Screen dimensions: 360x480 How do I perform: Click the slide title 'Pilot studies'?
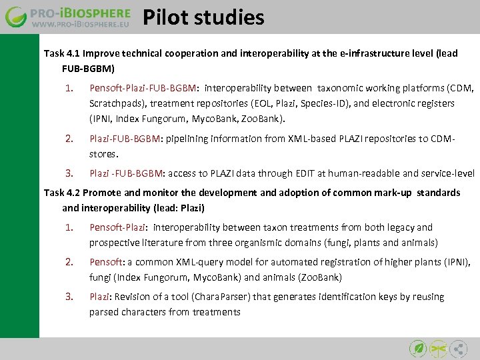coord(203,17)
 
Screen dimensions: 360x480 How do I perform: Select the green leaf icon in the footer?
coord(417,348)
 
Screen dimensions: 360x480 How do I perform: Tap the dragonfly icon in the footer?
coord(438,348)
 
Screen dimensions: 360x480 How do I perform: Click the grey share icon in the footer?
coord(459,348)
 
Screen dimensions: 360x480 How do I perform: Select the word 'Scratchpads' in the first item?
coord(118,103)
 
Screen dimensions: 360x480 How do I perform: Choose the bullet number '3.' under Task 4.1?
coord(69,173)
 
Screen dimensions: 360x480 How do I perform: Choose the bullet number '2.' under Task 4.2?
coord(69,262)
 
